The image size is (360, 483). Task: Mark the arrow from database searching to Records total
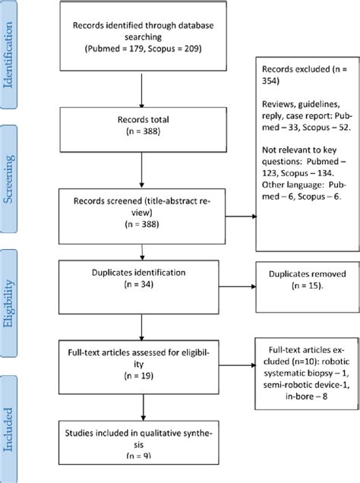142,94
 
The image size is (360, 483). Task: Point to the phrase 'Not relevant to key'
299,153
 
